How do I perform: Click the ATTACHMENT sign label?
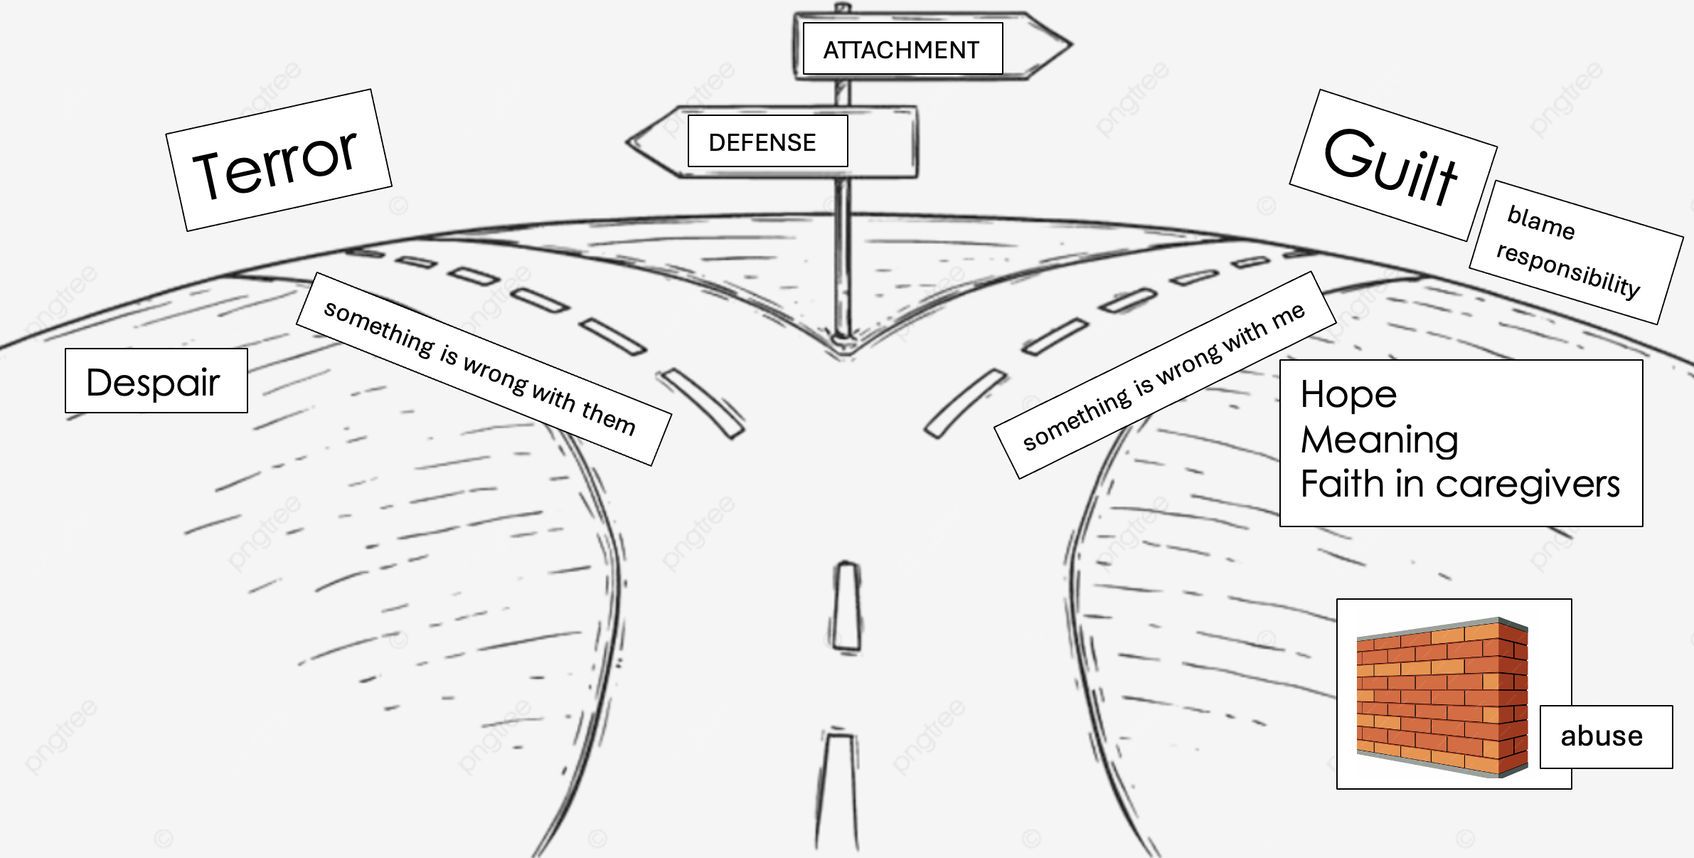(901, 50)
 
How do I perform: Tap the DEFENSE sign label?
(762, 142)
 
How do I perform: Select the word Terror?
(275, 164)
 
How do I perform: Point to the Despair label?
(153, 382)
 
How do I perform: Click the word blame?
(1540, 221)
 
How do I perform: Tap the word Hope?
(1348, 394)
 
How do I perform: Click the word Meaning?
(1379, 440)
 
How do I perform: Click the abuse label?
(1602, 736)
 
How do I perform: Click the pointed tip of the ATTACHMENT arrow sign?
(1070, 45)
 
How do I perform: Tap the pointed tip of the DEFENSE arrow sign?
(629, 142)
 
